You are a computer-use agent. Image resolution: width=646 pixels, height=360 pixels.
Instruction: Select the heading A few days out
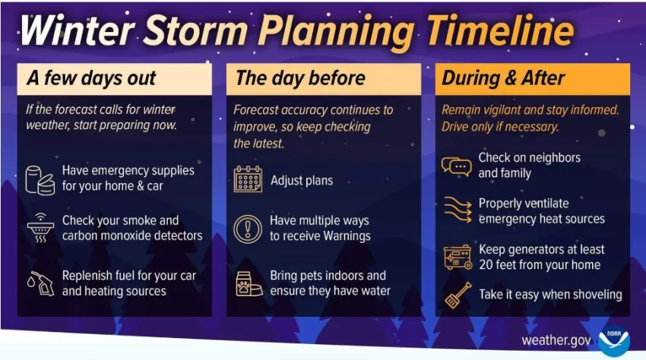coord(91,78)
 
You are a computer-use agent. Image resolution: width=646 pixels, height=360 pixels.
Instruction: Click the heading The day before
coord(300,78)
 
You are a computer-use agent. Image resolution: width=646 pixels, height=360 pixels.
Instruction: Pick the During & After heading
coord(503,78)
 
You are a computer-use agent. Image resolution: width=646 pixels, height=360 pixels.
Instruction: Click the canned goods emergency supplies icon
coord(40,180)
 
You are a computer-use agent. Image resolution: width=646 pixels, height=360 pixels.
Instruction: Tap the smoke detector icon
coord(40,228)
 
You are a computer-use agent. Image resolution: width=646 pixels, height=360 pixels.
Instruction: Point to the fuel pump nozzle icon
coord(41,283)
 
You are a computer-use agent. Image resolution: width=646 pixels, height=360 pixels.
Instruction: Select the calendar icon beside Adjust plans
coord(248,179)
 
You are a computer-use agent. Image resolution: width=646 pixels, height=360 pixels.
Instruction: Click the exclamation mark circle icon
coord(248,229)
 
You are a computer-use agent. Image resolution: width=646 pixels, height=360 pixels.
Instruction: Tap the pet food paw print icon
coord(249,283)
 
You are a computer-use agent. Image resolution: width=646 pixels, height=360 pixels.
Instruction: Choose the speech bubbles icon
coord(457,166)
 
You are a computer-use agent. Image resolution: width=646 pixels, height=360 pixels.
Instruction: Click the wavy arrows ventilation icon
coord(458,210)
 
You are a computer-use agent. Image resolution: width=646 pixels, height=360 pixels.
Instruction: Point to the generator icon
coord(458,257)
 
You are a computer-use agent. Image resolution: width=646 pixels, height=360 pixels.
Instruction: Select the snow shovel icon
coord(458,295)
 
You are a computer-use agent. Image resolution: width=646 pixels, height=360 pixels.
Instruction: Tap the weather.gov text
coord(556,340)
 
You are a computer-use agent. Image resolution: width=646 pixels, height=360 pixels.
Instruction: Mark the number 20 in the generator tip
coord(486,264)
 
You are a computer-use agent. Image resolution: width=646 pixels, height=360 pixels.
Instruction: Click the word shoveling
coord(596,295)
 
